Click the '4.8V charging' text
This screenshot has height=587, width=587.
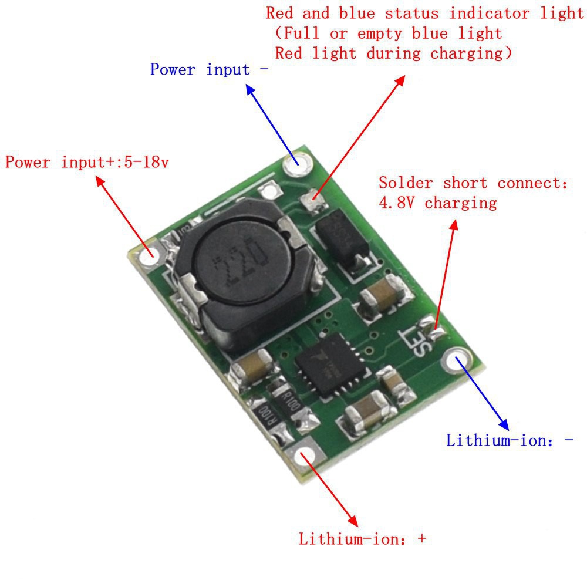point(437,203)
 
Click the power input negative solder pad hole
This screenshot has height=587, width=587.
point(296,165)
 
